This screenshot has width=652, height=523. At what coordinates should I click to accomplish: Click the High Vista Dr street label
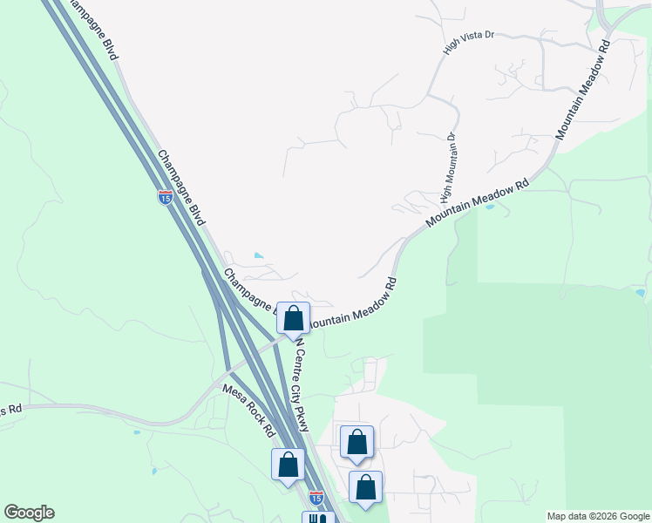[468, 43]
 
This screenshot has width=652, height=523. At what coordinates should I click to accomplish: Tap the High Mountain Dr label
[450, 163]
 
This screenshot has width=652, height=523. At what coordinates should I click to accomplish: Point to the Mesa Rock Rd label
[248, 411]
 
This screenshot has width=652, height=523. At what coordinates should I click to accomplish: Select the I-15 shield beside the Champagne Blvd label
[166, 198]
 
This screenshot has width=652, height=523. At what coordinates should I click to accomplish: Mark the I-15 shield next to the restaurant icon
[316, 497]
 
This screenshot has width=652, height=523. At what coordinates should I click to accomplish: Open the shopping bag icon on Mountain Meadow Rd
[294, 318]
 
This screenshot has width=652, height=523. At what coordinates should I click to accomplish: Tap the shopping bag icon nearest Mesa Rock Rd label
[289, 465]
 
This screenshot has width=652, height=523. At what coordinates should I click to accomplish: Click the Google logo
[29, 513]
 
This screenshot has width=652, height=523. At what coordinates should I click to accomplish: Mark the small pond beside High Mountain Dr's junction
[489, 207]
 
